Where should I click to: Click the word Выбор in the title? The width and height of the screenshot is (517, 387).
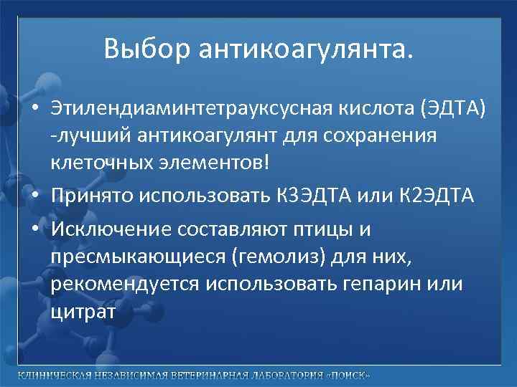coord(146,49)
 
